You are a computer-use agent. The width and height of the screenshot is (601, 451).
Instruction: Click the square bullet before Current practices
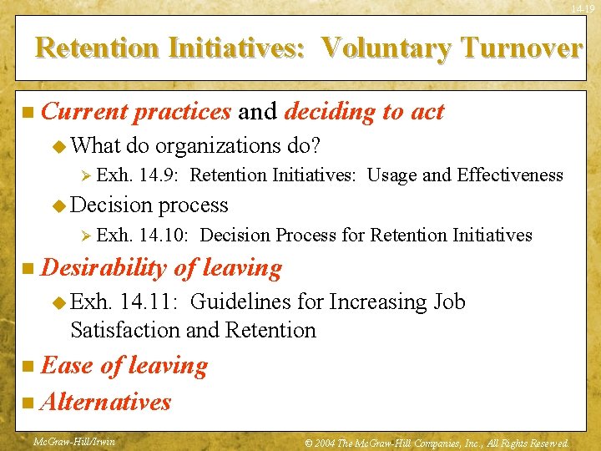pos(28,112)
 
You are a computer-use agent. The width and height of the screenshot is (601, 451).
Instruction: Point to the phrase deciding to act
pos(365,111)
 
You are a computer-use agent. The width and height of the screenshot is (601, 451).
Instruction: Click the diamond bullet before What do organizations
pos(59,146)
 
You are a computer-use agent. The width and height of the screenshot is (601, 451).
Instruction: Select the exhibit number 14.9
pos(159,175)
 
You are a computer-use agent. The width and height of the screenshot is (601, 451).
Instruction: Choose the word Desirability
pos(104,268)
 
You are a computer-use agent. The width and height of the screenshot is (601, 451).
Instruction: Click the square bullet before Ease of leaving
pos(28,366)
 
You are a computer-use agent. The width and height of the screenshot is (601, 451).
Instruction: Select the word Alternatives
pos(105,402)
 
